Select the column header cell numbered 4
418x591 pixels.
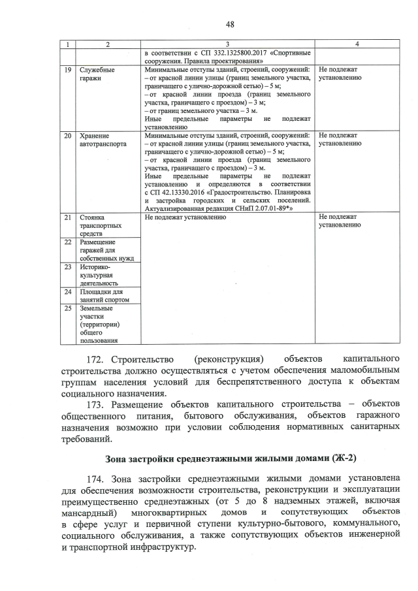356,43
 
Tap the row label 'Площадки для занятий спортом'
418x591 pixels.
104,296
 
